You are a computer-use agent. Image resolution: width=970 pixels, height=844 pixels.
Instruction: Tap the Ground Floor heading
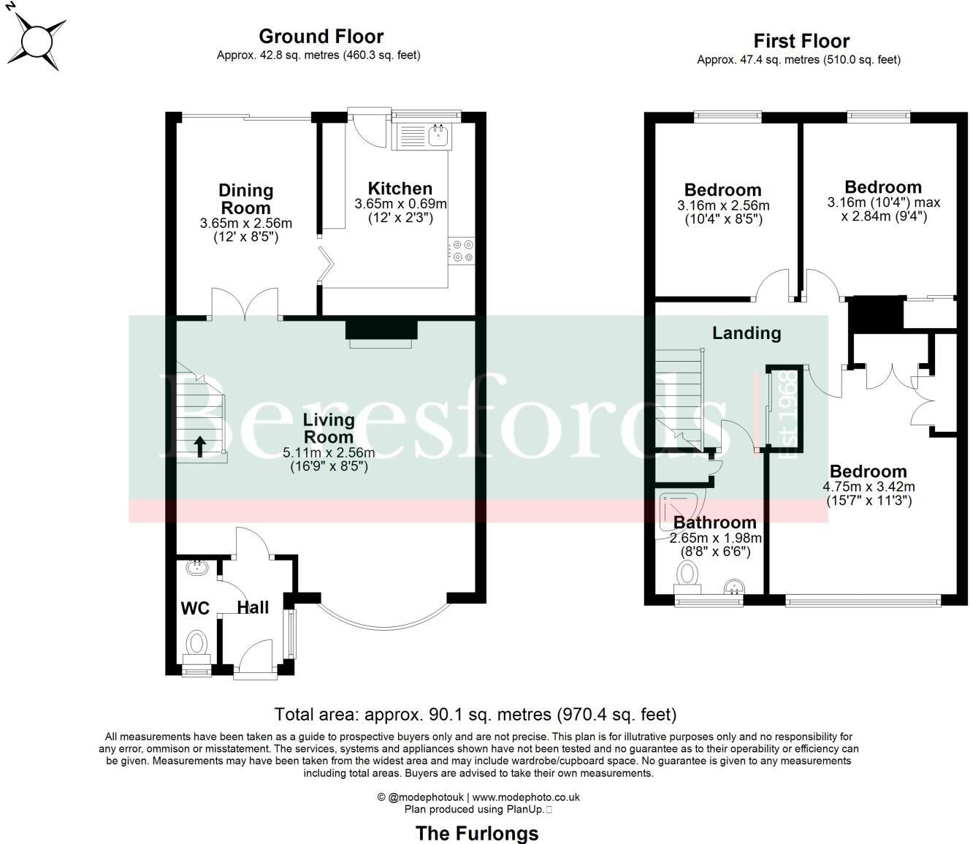pos(321,37)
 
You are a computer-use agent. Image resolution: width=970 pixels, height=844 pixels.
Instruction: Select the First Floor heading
pos(801,41)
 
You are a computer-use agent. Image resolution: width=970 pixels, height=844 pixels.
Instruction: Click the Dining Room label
pos(245,199)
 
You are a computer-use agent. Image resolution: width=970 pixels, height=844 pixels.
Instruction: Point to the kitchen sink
pos(439,134)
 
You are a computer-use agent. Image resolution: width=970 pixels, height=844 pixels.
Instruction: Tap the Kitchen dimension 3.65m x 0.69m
pos(400,204)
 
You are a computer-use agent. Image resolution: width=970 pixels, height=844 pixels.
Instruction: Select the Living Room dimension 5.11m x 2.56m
pos(329,453)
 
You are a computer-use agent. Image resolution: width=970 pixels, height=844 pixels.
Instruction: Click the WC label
pos(195,608)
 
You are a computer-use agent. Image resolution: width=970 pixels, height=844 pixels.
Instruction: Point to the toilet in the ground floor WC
pos(196,645)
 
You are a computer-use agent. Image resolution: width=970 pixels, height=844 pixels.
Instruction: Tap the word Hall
pos(253,607)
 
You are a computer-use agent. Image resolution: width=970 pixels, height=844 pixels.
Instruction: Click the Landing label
pos(746,333)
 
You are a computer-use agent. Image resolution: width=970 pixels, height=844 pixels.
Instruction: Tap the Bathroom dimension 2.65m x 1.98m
pos(715,539)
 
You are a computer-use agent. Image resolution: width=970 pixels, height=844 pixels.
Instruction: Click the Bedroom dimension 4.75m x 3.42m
pos(868,487)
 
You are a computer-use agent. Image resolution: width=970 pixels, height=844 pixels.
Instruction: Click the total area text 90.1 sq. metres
pos(476,714)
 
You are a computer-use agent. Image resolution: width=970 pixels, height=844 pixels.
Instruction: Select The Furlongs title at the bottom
pos(477,833)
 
